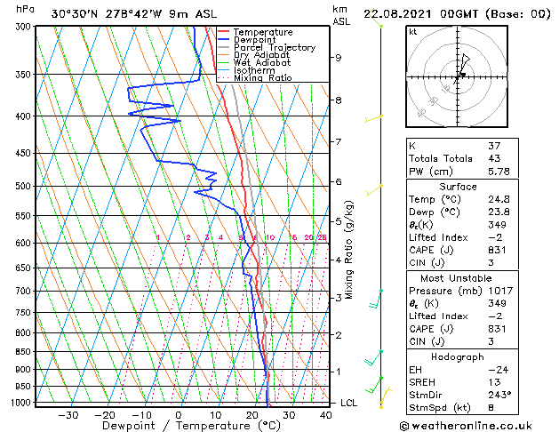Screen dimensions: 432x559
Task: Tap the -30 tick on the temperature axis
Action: click(68, 414)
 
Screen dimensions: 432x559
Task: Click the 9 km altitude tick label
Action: click(339, 58)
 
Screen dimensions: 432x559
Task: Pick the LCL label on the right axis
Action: click(349, 403)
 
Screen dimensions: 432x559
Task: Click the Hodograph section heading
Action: click(458, 356)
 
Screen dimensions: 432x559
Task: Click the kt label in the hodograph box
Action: click(412, 32)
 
